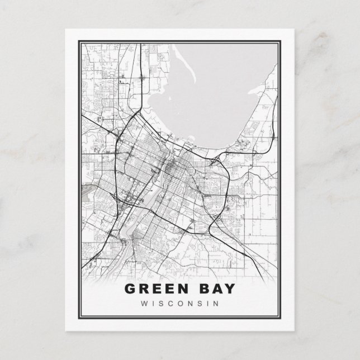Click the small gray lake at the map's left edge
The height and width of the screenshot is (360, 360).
(x=87, y=193)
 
